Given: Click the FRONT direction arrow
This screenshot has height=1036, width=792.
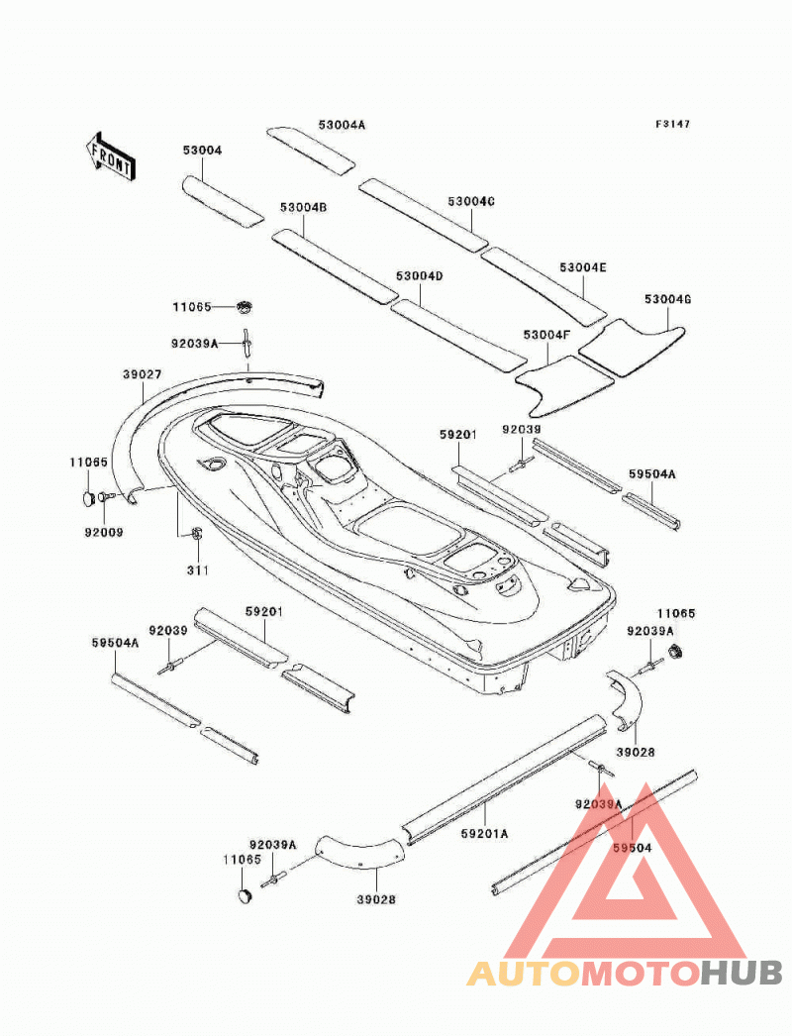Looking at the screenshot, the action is pyautogui.click(x=110, y=155).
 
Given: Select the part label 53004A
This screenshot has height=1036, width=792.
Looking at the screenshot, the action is pyautogui.click(x=342, y=124).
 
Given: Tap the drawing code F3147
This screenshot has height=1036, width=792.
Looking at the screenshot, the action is pyautogui.click(x=672, y=124).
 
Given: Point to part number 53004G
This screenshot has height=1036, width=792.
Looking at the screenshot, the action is pyautogui.click(x=668, y=299).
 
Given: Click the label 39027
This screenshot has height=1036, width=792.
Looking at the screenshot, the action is pyautogui.click(x=142, y=374).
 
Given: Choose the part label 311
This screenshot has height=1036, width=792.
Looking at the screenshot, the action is pyautogui.click(x=197, y=570).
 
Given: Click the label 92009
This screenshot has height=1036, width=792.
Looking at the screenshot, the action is pyautogui.click(x=104, y=532).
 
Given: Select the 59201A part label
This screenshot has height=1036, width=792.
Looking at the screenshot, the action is pyautogui.click(x=485, y=834).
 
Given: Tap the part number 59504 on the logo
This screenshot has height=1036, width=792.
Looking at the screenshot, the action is pyautogui.click(x=633, y=848).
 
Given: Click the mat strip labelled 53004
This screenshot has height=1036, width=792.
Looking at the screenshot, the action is pyautogui.click(x=223, y=202).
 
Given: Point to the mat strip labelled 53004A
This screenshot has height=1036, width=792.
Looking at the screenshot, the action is pyautogui.click(x=311, y=150).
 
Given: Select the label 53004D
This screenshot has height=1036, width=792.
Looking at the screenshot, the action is pyautogui.click(x=420, y=275).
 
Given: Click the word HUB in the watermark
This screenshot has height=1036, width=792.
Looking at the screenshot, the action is pyautogui.click(x=742, y=974).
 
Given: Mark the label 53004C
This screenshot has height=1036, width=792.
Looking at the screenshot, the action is pyautogui.click(x=471, y=201).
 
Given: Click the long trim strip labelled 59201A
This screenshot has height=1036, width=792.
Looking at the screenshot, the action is pyautogui.click(x=504, y=777).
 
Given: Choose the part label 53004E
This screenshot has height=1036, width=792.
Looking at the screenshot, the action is pyautogui.click(x=583, y=267).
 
